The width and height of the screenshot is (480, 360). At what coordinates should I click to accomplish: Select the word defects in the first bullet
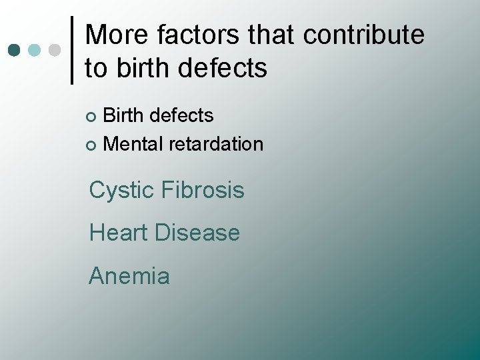click(x=182, y=115)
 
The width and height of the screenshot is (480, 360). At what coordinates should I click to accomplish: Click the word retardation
click(x=216, y=143)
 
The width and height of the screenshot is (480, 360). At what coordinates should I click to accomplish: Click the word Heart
click(x=119, y=233)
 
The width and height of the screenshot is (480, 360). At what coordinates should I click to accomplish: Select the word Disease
click(x=197, y=233)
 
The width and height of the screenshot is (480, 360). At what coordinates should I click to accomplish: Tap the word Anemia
click(x=129, y=275)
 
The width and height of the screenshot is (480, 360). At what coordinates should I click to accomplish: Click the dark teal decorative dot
click(x=14, y=51)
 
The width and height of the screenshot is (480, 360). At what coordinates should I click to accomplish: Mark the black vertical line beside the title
click(x=73, y=51)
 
